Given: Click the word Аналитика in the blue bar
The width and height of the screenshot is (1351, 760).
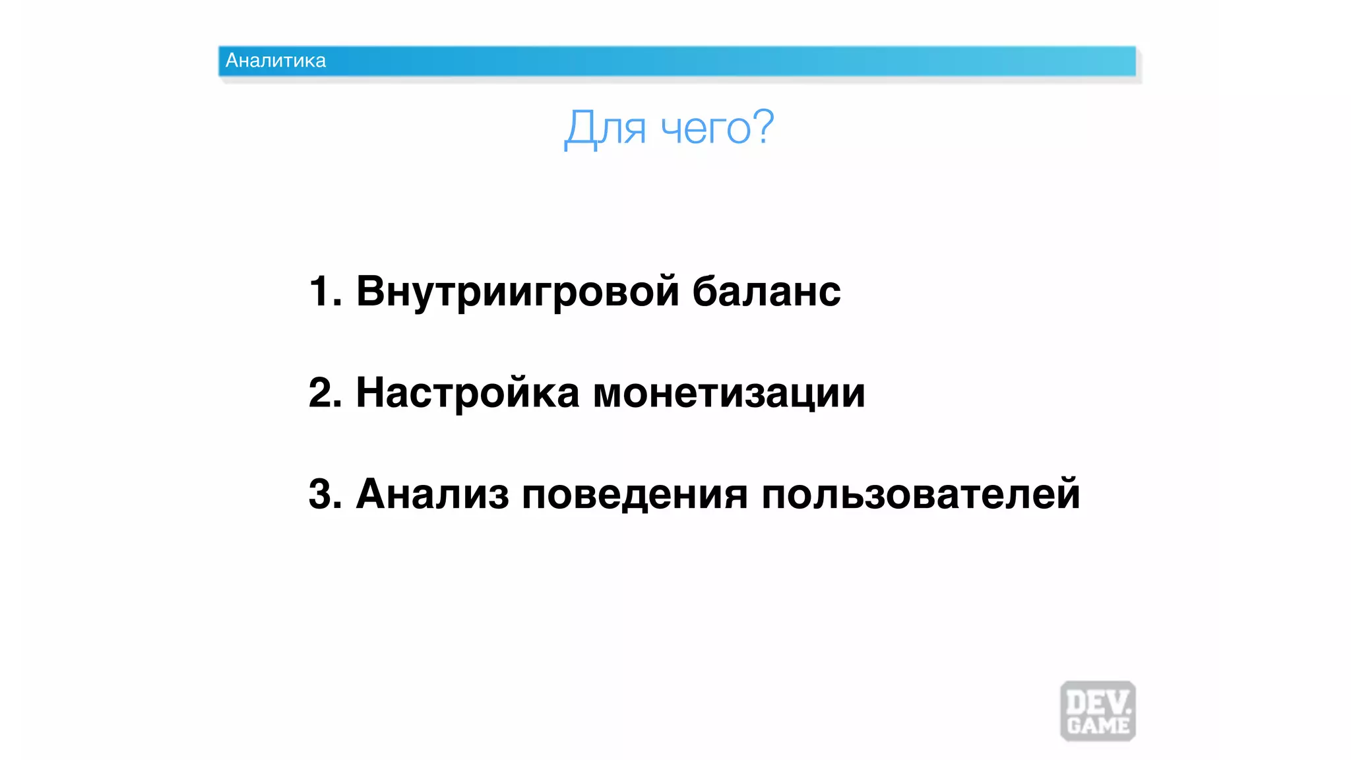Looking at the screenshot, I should pyautogui.click(x=276, y=61).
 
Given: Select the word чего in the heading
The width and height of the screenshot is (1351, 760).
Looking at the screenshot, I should pyautogui.click(x=705, y=129).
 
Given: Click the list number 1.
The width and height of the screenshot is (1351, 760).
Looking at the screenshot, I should pyautogui.click(x=320, y=291).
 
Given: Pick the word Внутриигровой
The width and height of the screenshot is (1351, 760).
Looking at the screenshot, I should pyautogui.click(x=517, y=292).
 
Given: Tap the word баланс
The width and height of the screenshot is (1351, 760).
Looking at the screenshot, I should pyautogui.click(x=767, y=292).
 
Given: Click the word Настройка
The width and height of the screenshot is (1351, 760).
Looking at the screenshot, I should pyautogui.click(x=467, y=393).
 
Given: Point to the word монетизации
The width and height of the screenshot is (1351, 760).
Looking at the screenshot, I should pyautogui.click(x=729, y=394).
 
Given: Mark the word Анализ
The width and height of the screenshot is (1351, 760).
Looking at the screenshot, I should pyautogui.click(x=432, y=494).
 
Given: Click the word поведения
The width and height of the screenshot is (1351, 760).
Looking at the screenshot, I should pyautogui.click(x=635, y=495).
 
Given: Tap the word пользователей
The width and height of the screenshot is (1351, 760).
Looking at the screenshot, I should pyautogui.click(x=921, y=494).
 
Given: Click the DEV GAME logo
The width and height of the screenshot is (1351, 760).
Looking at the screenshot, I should pyautogui.click(x=1098, y=711).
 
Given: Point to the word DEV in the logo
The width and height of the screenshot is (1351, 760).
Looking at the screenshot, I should pyautogui.click(x=1096, y=701).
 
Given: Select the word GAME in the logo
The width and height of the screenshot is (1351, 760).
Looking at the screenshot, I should pyautogui.click(x=1098, y=726).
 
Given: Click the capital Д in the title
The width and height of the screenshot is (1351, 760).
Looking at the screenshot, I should pyautogui.click(x=579, y=128).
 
